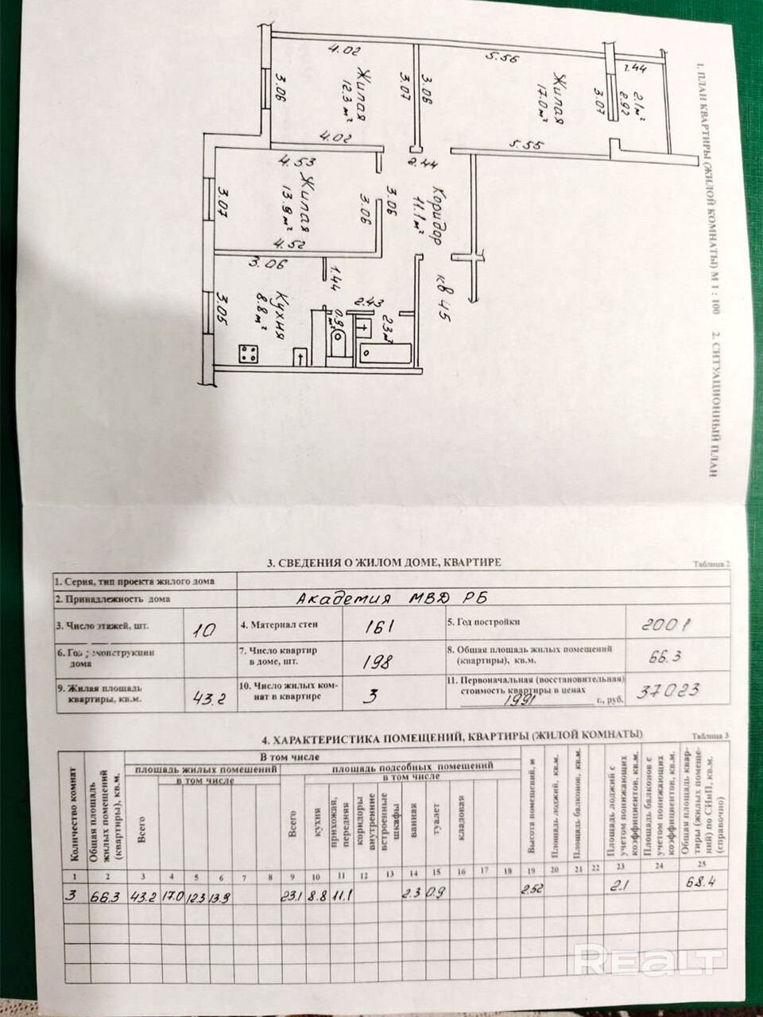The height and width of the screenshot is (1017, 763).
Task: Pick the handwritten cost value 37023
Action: coord(674,690)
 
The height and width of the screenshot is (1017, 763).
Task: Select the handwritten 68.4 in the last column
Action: coord(700,882)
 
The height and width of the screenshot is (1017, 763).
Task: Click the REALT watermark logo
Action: coord(649,961)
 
